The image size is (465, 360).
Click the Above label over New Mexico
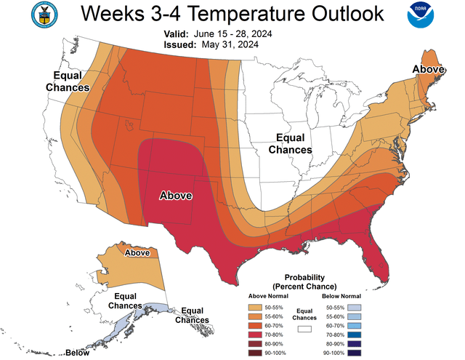(x=175, y=196)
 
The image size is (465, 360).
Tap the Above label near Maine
(x=429, y=70)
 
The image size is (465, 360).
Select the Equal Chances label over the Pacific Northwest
(x=70, y=81)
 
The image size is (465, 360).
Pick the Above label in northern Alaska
(x=137, y=253)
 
